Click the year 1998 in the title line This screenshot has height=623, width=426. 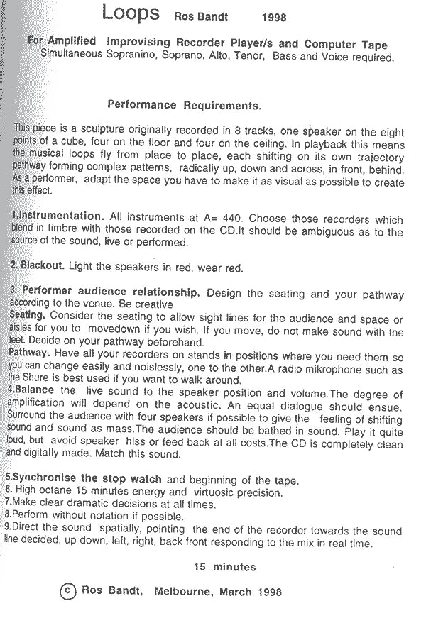[x=274, y=16]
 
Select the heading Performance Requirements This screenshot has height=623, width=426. [x=184, y=105]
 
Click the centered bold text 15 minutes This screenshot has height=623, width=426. [x=224, y=567]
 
